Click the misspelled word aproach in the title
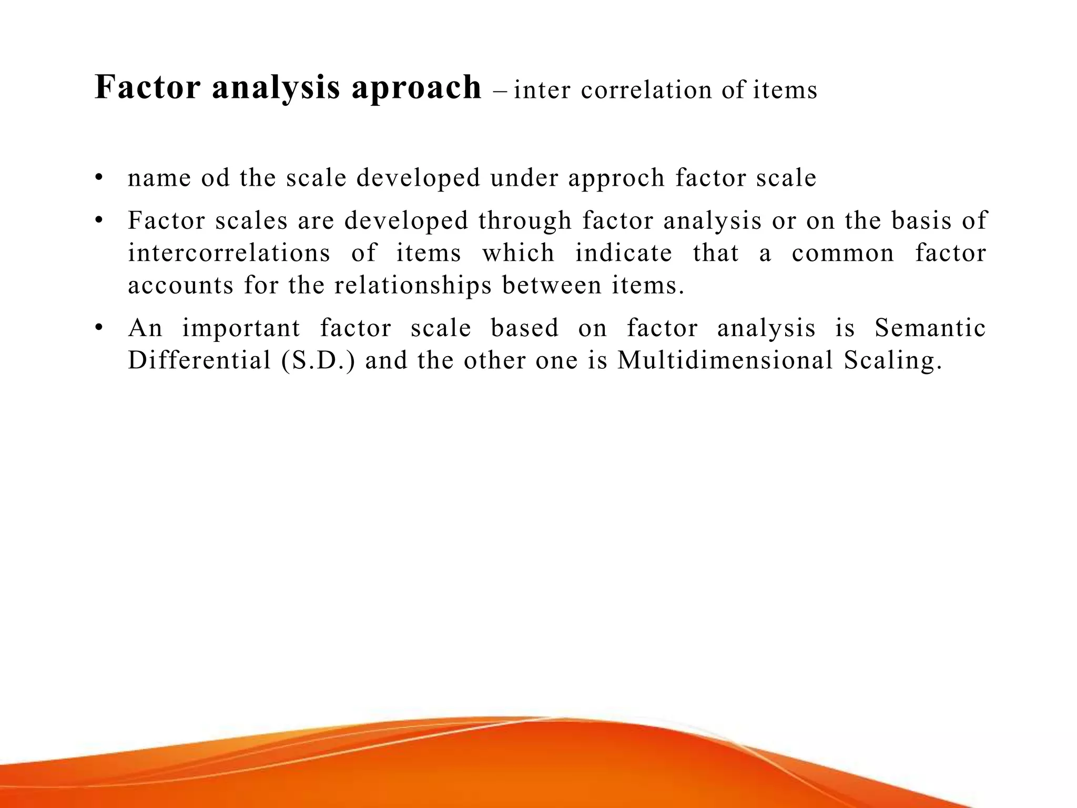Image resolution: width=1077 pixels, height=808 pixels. [416, 88]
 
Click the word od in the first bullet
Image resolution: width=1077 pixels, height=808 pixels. [216, 178]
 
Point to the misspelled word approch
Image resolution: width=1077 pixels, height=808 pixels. [616, 179]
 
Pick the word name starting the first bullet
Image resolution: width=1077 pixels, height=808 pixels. [159, 179]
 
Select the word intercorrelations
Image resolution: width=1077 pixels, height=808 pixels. [229, 253]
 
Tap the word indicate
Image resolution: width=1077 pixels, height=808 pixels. [624, 253]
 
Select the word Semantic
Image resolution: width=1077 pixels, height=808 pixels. [930, 328]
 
